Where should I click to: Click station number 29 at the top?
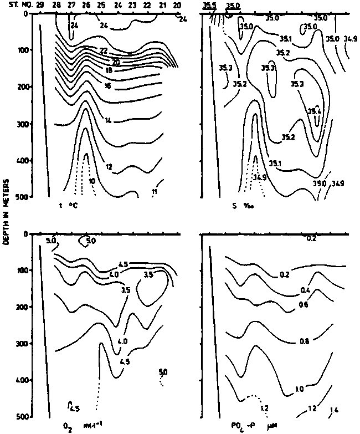coord(39,5)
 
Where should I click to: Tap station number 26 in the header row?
coord(85,5)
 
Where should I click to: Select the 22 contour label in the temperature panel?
coord(103,50)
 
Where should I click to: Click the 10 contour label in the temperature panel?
coord(92,181)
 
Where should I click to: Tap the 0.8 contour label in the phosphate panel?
coord(304,341)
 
